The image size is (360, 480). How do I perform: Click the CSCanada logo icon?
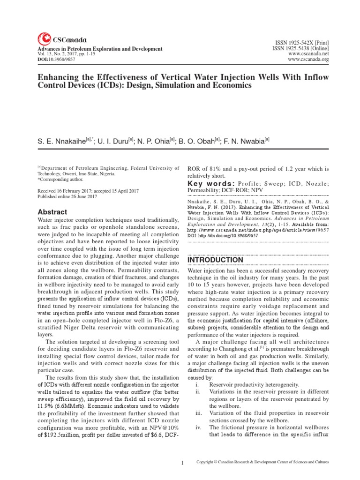pyautogui.click(x=44, y=39)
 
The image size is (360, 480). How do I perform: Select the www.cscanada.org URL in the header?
pyautogui.click(x=308, y=60)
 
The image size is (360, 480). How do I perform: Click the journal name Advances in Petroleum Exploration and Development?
pyautogui.click(x=97, y=49)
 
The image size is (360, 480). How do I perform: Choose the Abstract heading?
pyautogui.click(x=52, y=212)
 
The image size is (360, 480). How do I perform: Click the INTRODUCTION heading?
pyautogui.click(x=215, y=260)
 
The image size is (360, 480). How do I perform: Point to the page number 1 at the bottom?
pyautogui.click(x=182, y=463)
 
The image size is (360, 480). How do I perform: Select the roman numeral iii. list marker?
pyautogui.click(x=200, y=413)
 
